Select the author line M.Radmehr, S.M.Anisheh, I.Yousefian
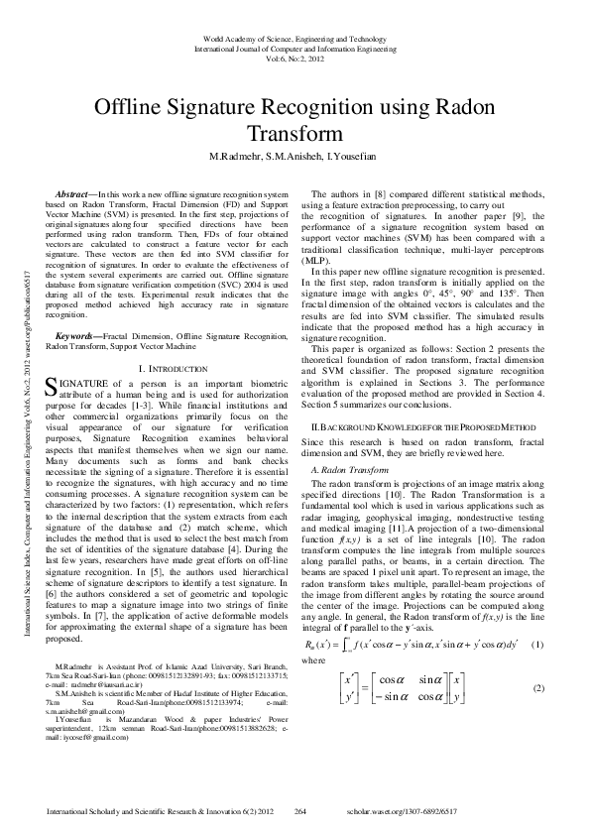[x=295, y=157]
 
